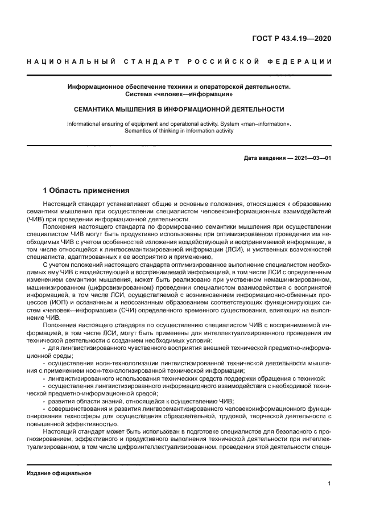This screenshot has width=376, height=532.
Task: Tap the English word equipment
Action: pyautogui.click(x=150, y=123)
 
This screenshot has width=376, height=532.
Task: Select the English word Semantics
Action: pyautogui.click(x=138, y=130)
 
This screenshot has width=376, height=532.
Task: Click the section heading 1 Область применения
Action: pyautogui.click(x=86, y=190)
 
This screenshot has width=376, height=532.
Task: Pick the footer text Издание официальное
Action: pyautogui.click(x=59, y=473)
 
